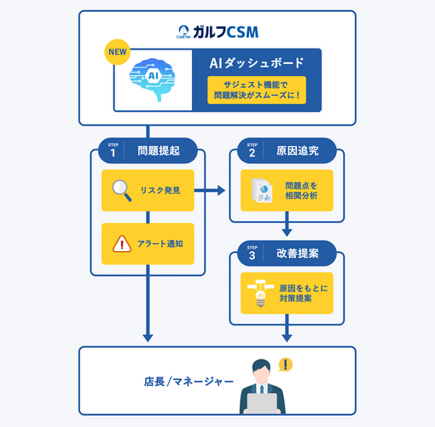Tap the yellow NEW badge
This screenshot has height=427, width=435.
click(x=119, y=52)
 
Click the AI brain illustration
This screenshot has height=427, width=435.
click(x=154, y=79)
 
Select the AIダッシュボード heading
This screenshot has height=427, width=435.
click(x=256, y=62)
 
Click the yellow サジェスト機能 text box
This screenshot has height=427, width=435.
click(x=256, y=90)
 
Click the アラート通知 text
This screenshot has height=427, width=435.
click(x=160, y=243)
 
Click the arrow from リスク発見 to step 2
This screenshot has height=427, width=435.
click(x=211, y=190)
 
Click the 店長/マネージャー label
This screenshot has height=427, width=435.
click(x=188, y=382)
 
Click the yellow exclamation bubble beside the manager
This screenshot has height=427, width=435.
click(x=285, y=365)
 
